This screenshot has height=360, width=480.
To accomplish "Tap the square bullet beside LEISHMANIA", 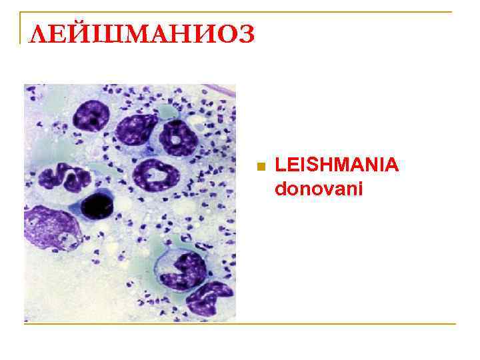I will [x=261, y=166].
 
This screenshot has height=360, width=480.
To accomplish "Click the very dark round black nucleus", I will [x=97, y=203].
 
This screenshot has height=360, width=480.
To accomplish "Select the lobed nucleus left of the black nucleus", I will [x=64, y=179].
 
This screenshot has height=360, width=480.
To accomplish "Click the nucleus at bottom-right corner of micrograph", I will [x=210, y=298].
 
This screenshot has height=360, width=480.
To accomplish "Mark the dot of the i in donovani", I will [x=359, y=182].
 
